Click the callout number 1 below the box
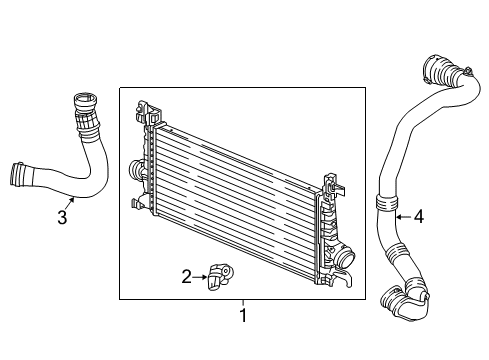(x=240, y=317)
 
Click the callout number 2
(x=187, y=275)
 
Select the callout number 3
(x=62, y=218)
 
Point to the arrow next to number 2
(x=200, y=275)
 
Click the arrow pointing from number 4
(x=402, y=213)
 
